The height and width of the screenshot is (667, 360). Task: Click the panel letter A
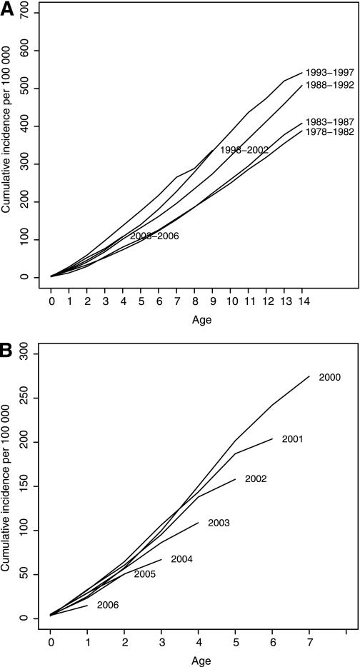tap(7, 8)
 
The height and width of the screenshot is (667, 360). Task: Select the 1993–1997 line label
tap(329, 73)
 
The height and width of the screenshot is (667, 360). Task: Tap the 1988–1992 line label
tap(329, 85)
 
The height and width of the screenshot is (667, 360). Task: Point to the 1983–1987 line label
tap(329, 122)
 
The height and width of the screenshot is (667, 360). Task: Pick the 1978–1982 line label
tap(329, 133)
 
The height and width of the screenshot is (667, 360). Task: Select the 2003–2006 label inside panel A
tap(154, 236)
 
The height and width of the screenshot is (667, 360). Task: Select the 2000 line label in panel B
tap(330, 378)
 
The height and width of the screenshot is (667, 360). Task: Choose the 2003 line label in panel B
tap(219, 523)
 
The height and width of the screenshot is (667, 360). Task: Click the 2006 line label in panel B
tap(108, 606)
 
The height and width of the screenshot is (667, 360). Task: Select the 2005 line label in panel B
tap(145, 574)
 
